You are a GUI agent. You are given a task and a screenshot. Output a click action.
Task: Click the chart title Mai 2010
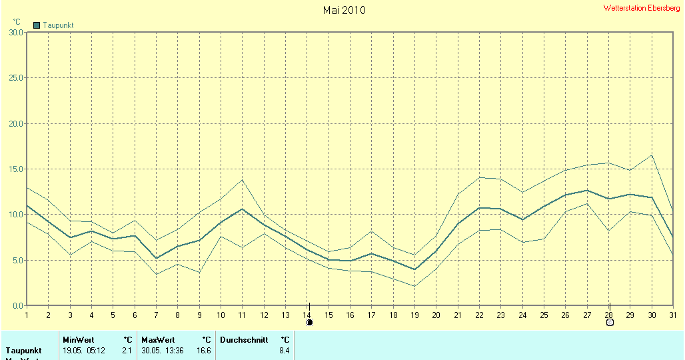[344, 10]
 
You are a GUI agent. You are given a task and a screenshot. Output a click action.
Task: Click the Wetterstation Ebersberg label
[642, 8]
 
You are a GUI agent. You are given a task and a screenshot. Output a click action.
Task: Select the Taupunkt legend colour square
[37, 25]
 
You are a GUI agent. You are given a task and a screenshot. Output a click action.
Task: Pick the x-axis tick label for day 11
[243, 315]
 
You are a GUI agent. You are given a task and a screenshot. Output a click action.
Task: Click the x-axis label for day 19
[414, 315]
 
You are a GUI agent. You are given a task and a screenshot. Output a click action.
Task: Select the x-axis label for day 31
[673, 315]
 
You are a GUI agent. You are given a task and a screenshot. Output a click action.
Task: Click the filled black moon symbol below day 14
[309, 323]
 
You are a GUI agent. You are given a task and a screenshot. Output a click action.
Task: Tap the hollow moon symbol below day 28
[610, 323]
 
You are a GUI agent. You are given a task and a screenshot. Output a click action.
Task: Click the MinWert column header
[79, 340]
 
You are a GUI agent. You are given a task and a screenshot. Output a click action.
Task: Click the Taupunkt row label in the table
[24, 350]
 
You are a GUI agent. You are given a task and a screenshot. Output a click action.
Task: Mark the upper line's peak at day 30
[652, 155]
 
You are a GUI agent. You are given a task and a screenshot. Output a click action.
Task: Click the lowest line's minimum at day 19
[414, 286]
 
